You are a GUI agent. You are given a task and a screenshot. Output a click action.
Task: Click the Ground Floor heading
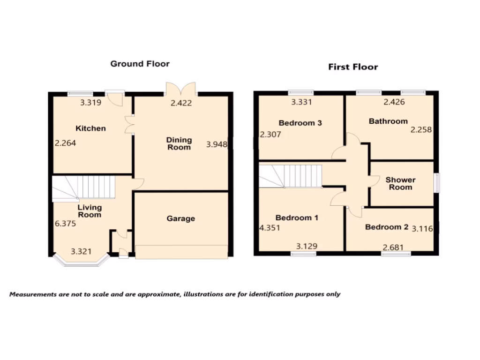coord(140,64)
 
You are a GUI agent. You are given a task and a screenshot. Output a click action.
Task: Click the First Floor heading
coord(352,67)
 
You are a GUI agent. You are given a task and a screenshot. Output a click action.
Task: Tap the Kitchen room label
coord(91,128)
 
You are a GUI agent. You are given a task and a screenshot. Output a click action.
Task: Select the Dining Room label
coord(179,143)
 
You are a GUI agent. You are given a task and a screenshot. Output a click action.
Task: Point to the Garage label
coord(180,218)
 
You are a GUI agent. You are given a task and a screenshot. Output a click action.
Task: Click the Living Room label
coord(90,211)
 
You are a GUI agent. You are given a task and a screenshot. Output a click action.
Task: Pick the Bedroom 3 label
coord(300,123)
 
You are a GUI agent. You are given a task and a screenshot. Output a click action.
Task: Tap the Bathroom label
coord(388,121)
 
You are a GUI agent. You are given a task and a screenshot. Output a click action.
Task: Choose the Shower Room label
coord(400,183)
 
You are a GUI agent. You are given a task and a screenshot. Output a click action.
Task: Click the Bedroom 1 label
coord(297,218)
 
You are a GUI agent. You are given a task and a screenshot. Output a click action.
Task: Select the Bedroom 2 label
coord(387,227)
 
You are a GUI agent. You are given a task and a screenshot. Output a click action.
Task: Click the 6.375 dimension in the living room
coord(65,224)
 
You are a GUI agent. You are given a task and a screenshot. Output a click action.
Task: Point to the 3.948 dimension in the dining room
coord(217,145)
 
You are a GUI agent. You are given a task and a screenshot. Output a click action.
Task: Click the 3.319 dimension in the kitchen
coord(90,103)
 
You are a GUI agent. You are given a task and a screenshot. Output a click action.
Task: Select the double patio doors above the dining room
coord(180,89)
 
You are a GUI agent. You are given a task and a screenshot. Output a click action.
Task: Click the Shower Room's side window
coord(436,183)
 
